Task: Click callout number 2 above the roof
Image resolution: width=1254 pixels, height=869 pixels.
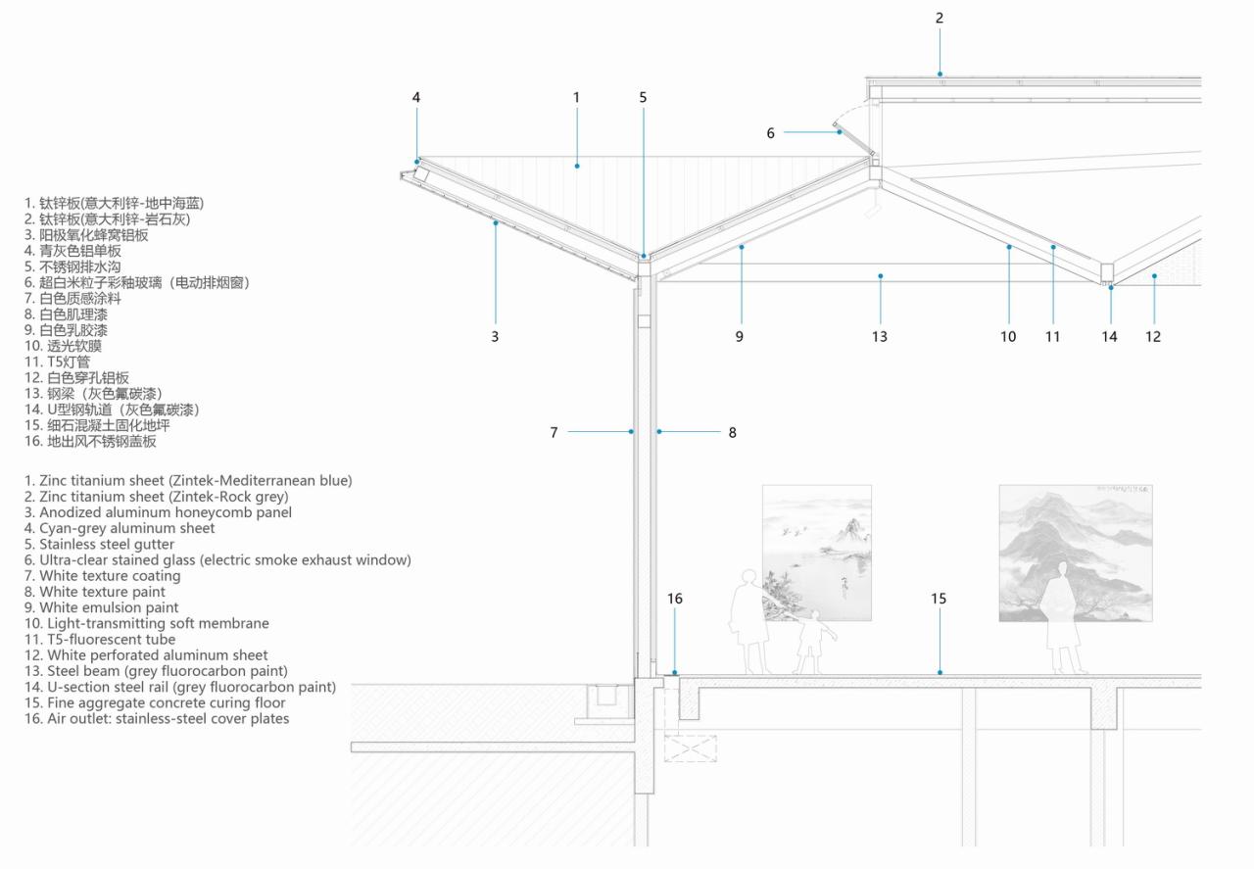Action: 940,18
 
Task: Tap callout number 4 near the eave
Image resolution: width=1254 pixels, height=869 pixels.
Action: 416,97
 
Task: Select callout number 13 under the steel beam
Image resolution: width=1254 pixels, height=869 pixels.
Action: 880,336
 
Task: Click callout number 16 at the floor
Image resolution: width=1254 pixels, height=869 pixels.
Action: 674,599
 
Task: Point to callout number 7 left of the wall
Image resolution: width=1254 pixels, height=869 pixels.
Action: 554,432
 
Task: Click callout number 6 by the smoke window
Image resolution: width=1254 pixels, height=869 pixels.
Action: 771,132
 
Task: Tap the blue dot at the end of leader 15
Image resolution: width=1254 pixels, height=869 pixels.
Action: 940,672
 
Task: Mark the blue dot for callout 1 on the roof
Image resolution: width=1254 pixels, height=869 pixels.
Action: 577,167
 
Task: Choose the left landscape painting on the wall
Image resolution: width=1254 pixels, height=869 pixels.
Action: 817,553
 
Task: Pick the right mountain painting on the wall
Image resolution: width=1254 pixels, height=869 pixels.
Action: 1076,553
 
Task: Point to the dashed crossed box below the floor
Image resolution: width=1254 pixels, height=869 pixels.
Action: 691,748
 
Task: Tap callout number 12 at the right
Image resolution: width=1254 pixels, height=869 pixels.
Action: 1153,336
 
